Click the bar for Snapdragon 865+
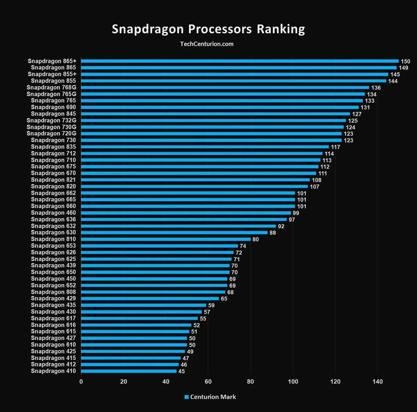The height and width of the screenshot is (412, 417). click(240, 61)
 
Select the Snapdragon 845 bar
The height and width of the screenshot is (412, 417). click(215, 114)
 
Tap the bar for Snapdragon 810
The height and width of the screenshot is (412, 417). click(166, 239)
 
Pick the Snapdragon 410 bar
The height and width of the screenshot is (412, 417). click(129, 371)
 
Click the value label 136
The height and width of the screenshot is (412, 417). click(376, 88)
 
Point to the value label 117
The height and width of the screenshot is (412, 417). click(335, 147)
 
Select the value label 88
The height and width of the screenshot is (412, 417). click(273, 233)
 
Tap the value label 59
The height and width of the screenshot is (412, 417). click(211, 305)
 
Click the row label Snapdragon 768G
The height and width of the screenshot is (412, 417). click(51, 88)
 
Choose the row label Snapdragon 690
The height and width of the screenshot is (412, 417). click(53, 107)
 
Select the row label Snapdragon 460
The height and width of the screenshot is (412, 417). click(53, 213)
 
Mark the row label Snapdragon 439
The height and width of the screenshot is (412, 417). click(53, 265)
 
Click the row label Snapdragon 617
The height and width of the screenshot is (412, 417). click(53, 318)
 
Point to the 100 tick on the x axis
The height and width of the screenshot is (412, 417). click(293, 382)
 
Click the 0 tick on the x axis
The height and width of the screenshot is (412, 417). click(81, 382)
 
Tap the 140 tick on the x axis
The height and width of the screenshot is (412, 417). click(378, 382)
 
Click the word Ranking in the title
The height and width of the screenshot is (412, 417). click(281, 29)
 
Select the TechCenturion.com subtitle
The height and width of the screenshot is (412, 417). click(207, 44)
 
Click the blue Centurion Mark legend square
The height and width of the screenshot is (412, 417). click(186, 397)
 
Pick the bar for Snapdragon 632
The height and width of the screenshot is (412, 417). click(178, 226)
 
